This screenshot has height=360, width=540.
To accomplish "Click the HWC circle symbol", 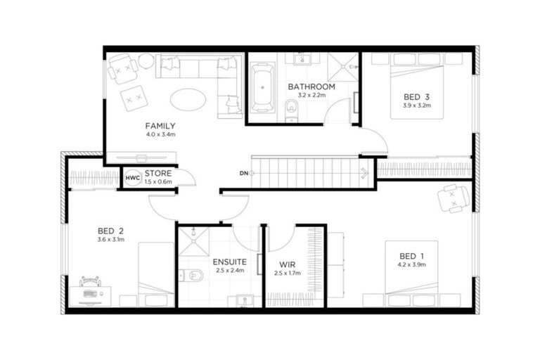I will point(132,178).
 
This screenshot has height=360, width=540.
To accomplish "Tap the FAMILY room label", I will point(160,126).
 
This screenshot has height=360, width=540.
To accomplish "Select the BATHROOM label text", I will point(311,86).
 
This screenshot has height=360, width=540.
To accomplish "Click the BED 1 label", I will point(411,255).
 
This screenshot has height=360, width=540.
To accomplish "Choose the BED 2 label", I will point(111,230).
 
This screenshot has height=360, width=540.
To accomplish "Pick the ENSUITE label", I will point(229,262).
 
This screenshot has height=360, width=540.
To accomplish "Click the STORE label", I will point(157,173).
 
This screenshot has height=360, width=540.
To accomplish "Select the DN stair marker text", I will point(243,173).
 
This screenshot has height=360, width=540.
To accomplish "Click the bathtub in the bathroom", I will point(264,88).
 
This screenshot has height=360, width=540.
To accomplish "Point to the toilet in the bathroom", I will point(292,108).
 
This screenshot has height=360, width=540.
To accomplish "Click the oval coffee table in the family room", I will point(188,98).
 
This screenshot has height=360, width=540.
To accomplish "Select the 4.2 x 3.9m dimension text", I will point(411,264).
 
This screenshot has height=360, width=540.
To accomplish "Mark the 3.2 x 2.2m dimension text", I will point(311,95).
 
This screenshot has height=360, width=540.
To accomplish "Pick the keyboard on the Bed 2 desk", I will point(91,293).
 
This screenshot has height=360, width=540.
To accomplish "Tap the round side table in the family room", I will point(146,61).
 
